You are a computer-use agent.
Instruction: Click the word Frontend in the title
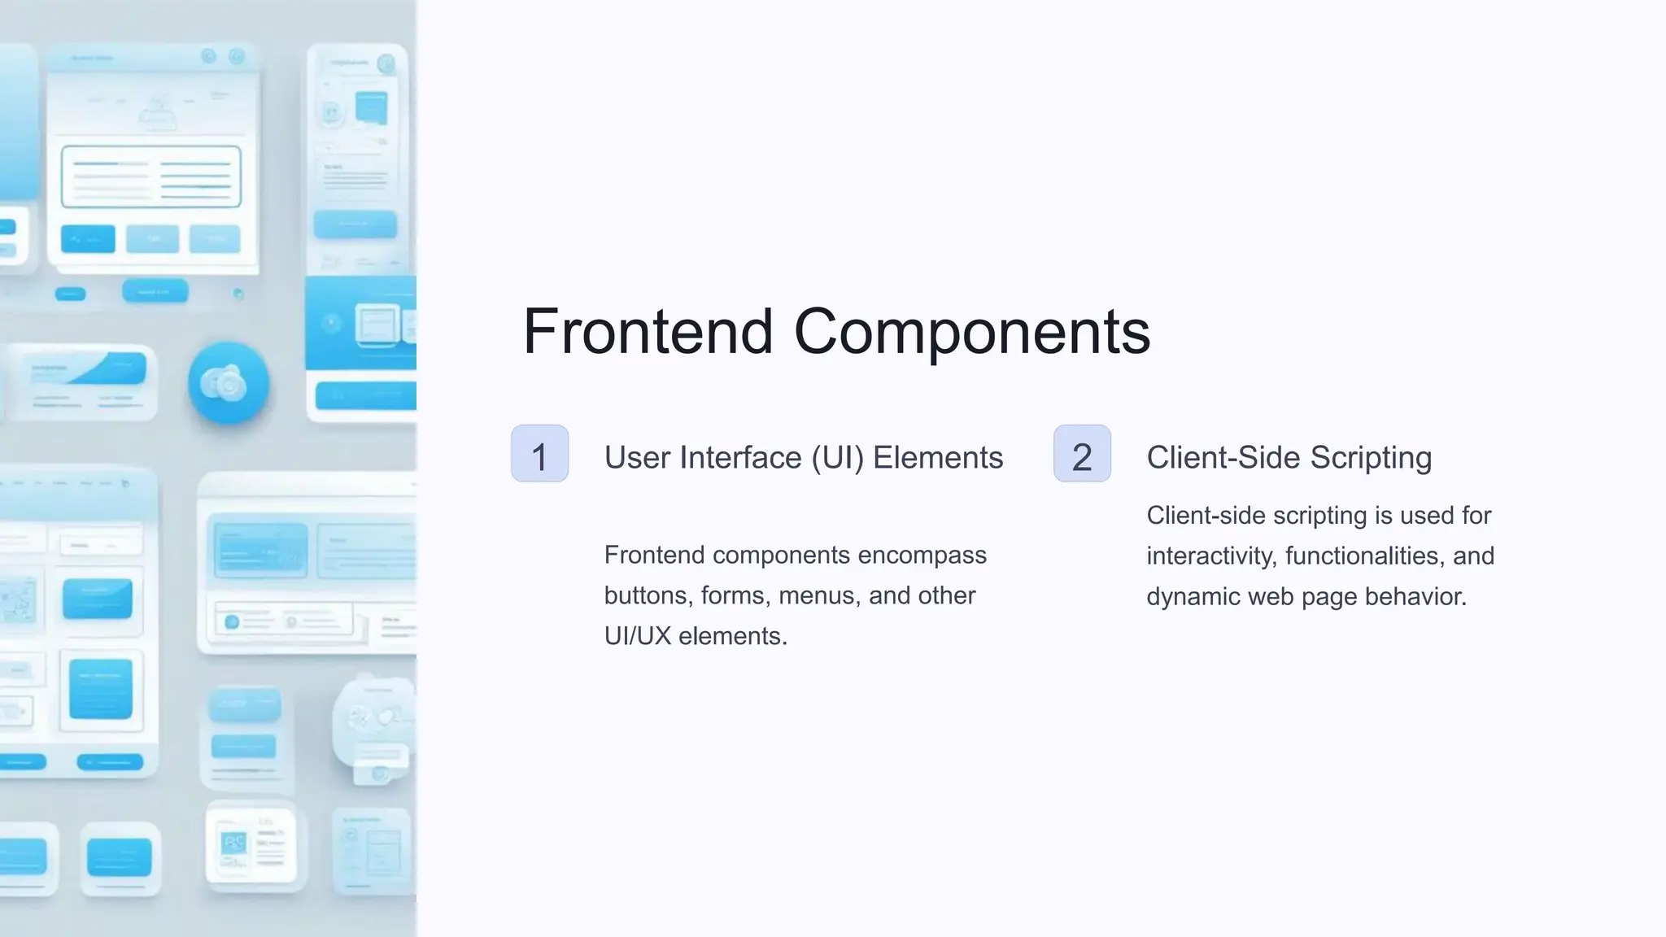(x=648, y=332)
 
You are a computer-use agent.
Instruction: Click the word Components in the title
(x=971, y=332)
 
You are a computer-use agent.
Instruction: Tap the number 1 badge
(x=539, y=454)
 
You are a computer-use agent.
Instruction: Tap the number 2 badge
(x=1082, y=454)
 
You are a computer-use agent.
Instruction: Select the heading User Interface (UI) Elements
(x=803, y=458)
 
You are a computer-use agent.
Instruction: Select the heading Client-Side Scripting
(x=1289, y=458)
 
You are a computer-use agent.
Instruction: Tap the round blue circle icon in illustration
(x=229, y=383)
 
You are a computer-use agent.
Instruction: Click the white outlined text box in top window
(x=151, y=177)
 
